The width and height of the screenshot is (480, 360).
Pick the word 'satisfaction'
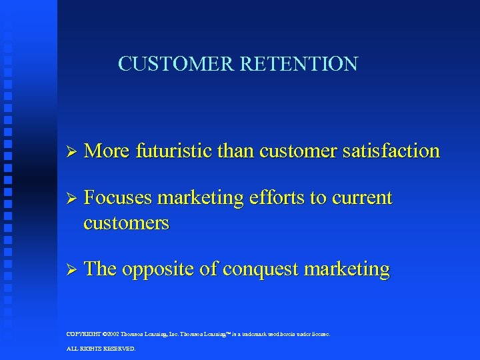[x=396, y=151]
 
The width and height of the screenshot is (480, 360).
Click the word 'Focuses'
[x=118, y=198]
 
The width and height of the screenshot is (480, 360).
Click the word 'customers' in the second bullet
[x=127, y=223]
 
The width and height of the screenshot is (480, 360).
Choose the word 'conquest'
[x=261, y=269]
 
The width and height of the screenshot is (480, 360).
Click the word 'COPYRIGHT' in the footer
[x=84, y=334]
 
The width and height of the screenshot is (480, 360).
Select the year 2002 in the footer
[x=112, y=334]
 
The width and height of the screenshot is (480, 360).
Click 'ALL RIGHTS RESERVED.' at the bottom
[x=101, y=349]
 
